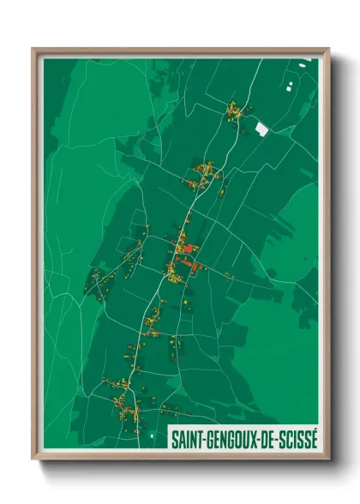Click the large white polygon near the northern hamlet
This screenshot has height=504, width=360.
pyautogui.click(x=261, y=128)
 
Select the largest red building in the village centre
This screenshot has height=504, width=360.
pyautogui.click(x=189, y=249)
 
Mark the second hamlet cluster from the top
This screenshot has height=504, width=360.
pyautogui.click(x=207, y=175)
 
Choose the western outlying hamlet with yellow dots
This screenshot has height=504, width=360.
pyautogui.click(x=97, y=280)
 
